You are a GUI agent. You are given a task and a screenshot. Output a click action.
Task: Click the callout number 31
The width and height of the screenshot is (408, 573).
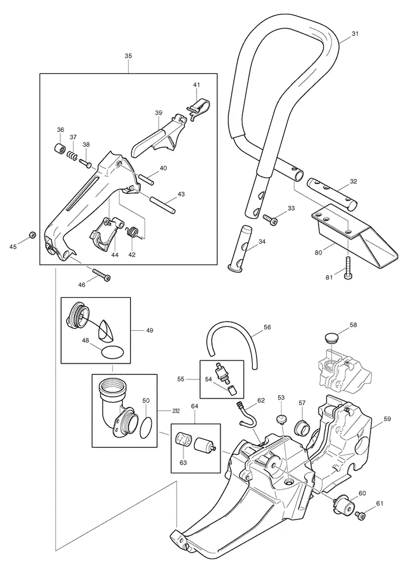[355, 34]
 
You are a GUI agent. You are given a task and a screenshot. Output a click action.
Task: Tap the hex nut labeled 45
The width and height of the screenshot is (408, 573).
[32, 235]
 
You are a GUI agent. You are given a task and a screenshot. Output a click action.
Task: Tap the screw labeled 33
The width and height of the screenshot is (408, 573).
[270, 220]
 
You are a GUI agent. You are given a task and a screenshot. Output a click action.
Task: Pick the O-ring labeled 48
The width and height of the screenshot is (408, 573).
[112, 353]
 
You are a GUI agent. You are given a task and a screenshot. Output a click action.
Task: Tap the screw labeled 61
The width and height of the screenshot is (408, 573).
[361, 515]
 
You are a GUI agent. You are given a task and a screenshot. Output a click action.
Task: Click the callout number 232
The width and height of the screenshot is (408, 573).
[176, 411]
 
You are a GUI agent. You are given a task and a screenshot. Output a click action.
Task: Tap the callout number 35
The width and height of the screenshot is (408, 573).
[128, 56]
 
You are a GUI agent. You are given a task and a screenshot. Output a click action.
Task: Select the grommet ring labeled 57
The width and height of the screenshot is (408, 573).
[302, 427]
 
